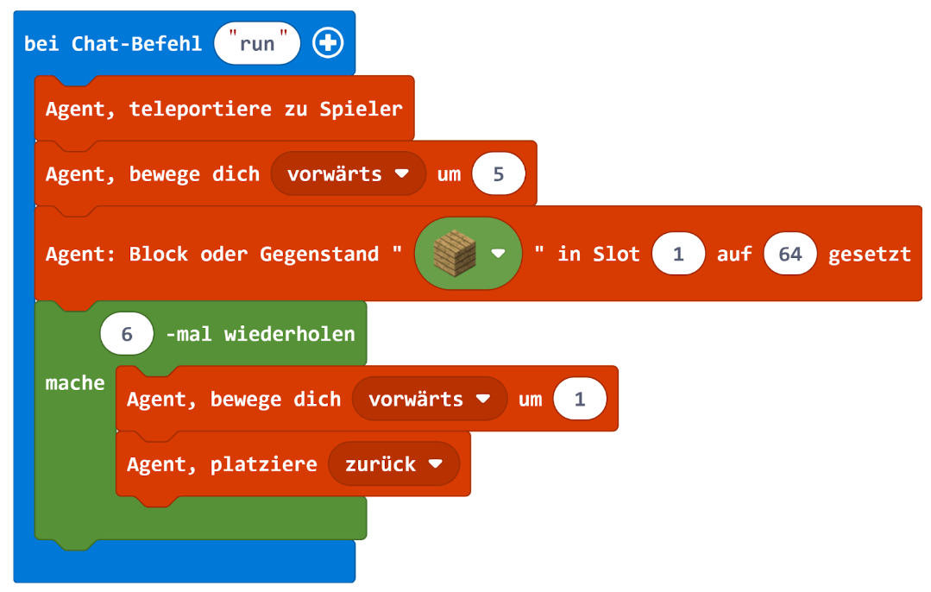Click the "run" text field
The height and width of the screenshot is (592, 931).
point(257,44)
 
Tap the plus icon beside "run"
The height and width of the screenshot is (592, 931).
point(328,44)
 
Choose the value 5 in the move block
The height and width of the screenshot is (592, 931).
point(498,174)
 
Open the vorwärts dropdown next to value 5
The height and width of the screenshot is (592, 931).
point(348,174)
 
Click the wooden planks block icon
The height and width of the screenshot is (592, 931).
point(455,253)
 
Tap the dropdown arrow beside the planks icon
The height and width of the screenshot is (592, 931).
point(498,254)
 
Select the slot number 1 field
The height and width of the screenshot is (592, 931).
point(679,254)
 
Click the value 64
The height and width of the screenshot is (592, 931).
point(789,254)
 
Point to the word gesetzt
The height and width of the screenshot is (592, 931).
point(869,254)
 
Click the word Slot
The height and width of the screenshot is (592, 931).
point(617,254)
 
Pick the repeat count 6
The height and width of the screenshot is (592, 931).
point(127,334)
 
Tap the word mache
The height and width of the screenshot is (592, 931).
point(75,383)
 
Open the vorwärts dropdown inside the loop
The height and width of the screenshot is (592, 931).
point(429,400)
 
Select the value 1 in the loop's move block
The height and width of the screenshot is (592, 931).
point(580,400)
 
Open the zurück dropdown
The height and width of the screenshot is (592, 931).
point(393,464)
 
